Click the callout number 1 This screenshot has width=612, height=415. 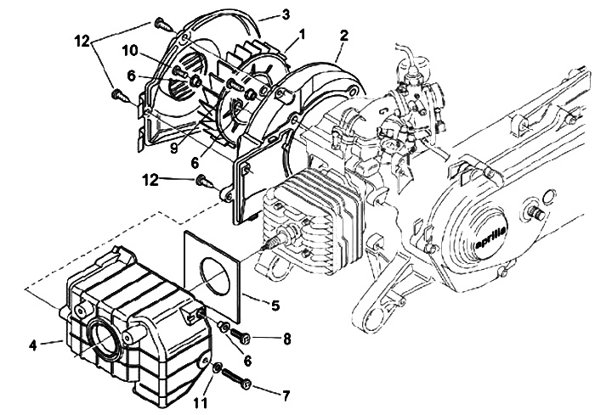[301, 35]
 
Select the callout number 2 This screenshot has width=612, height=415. [343, 36]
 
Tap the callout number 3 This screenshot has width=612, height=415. [286, 14]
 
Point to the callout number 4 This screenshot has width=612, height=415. [33, 345]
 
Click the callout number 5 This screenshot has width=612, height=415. [275, 306]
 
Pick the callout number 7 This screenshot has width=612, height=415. [286, 396]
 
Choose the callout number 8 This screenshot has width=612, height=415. [287, 339]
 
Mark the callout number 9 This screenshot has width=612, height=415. [174, 148]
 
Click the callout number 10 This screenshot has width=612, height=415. [129, 51]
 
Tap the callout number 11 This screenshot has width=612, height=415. [201, 403]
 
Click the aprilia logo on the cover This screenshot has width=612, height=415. [491, 238]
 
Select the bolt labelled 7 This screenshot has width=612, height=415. [237, 379]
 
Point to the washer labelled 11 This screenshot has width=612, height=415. [217, 367]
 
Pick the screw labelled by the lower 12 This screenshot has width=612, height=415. [204, 181]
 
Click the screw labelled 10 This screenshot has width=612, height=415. [179, 71]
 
